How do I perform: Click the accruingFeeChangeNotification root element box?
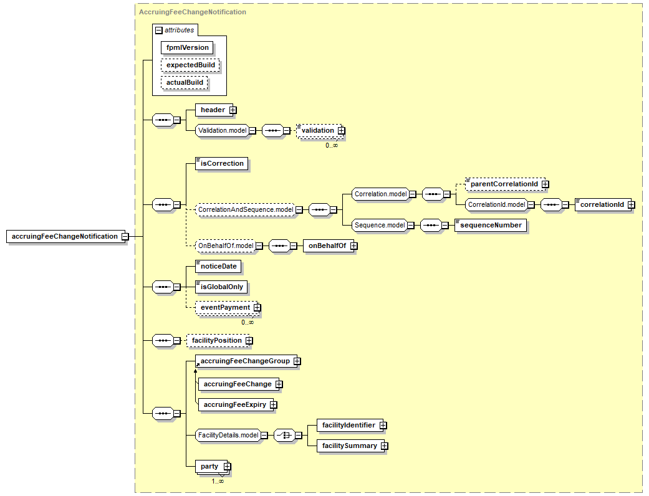coord(65,237)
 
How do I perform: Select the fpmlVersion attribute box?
coord(187,47)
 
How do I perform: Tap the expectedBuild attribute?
coord(190,65)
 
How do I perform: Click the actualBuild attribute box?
coord(185,82)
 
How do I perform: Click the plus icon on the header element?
coord(233,110)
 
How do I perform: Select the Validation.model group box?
coord(223,131)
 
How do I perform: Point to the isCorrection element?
coord(222,163)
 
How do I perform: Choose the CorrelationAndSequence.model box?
coord(246,210)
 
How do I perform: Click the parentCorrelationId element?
coord(505,184)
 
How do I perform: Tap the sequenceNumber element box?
coord(491,225)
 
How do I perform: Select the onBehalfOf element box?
coord(329,246)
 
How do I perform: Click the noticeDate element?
coord(218,267)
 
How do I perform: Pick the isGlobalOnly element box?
coord(221,287)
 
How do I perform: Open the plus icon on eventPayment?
coord(257,308)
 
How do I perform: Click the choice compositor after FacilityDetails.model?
coord(285,435)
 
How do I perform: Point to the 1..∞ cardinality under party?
coord(218,481)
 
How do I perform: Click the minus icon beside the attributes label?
coord(159,30)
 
